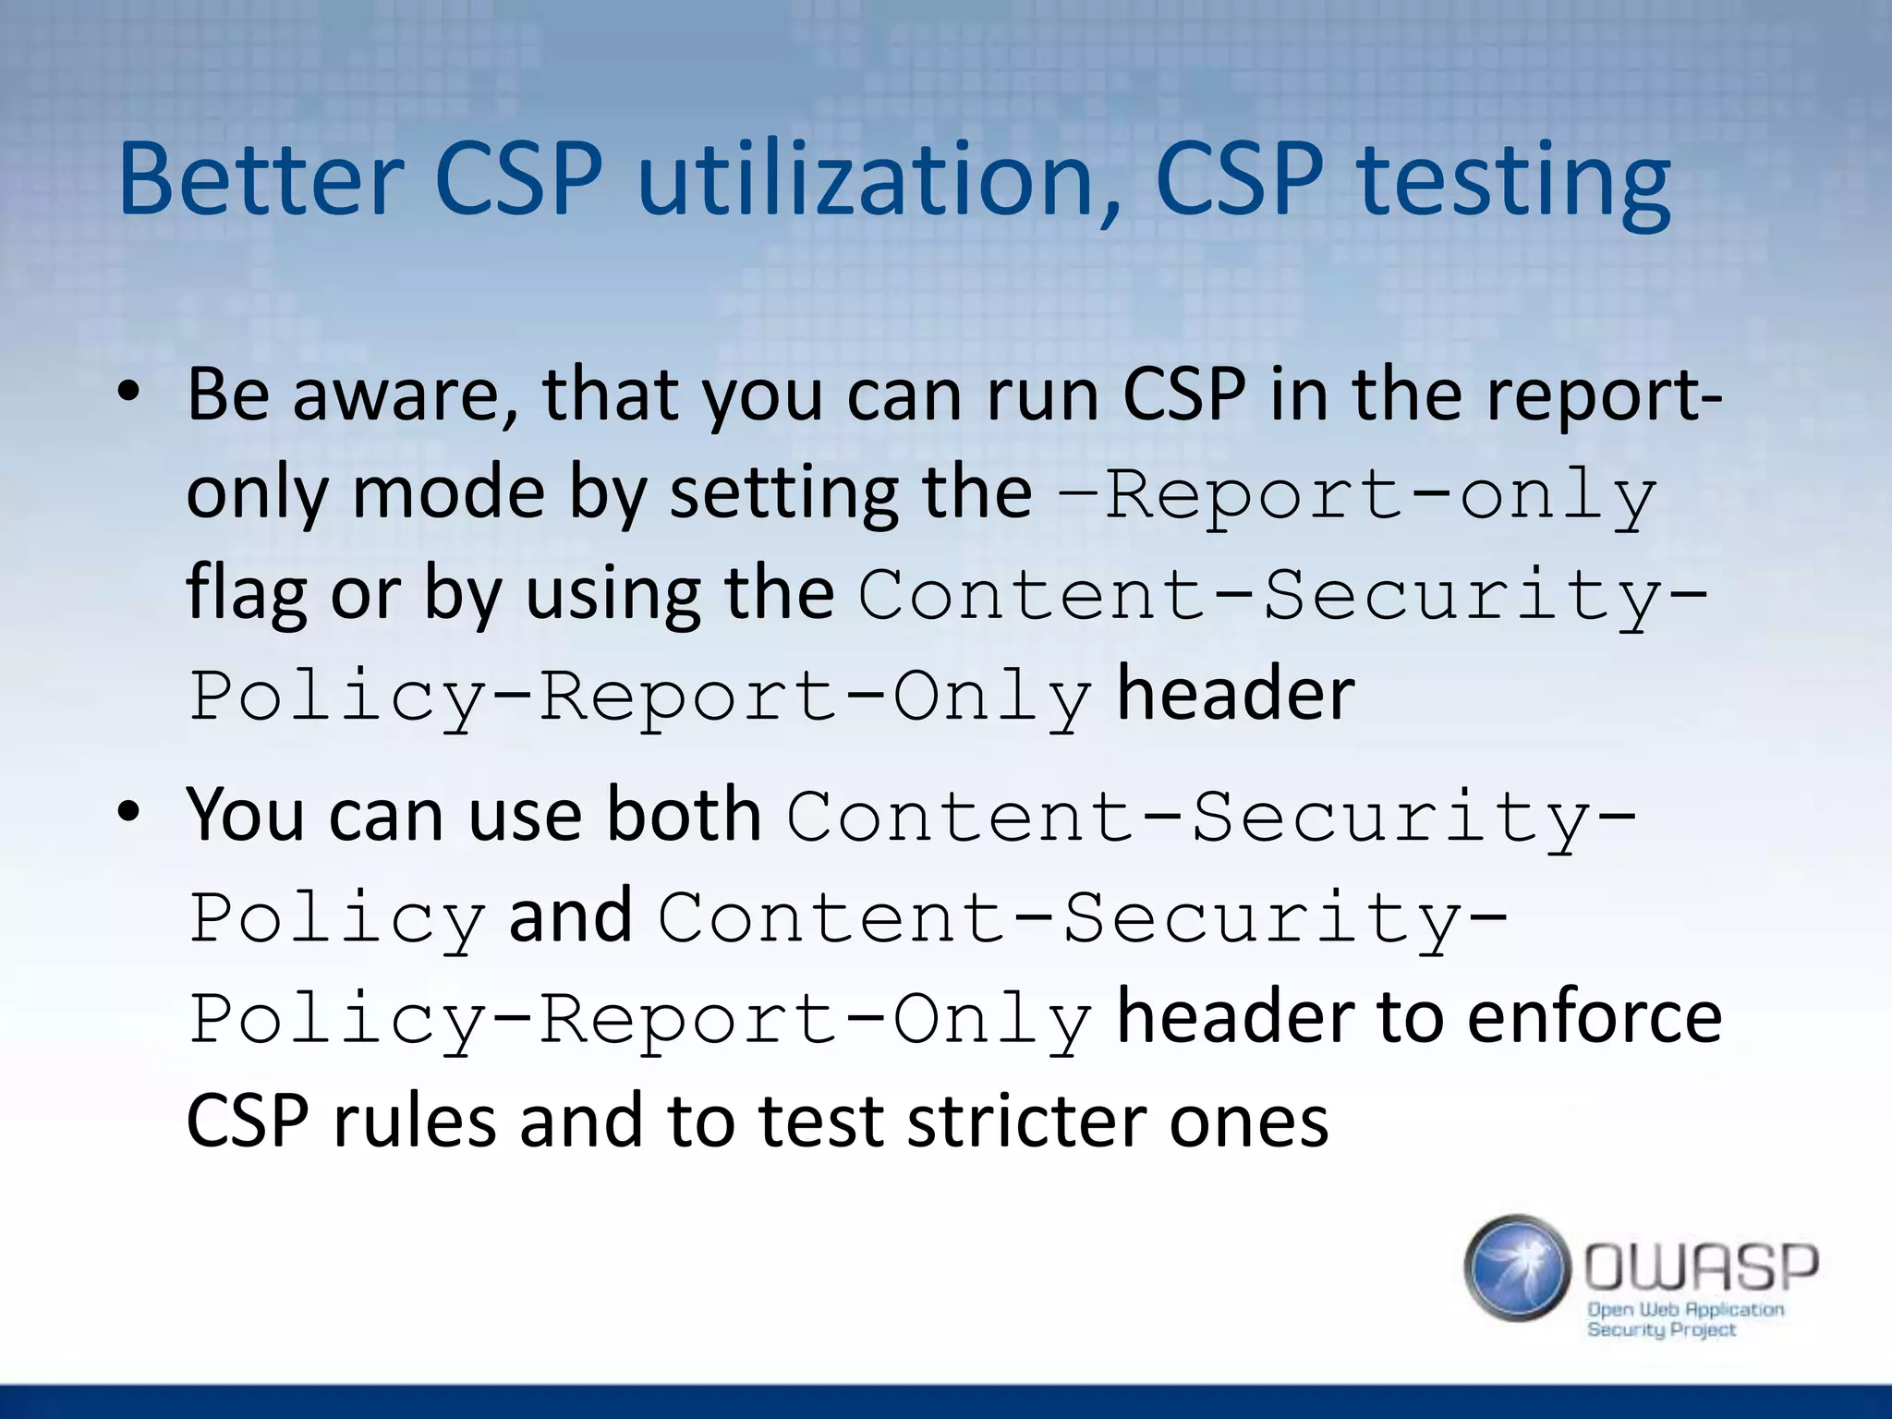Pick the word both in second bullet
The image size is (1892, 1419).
[x=684, y=815]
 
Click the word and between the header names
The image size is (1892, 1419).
[x=570, y=916]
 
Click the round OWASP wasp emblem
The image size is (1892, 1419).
[x=1517, y=1267]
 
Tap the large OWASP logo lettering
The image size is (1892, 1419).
[x=1701, y=1267]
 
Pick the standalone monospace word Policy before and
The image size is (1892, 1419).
[x=337, y=919]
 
